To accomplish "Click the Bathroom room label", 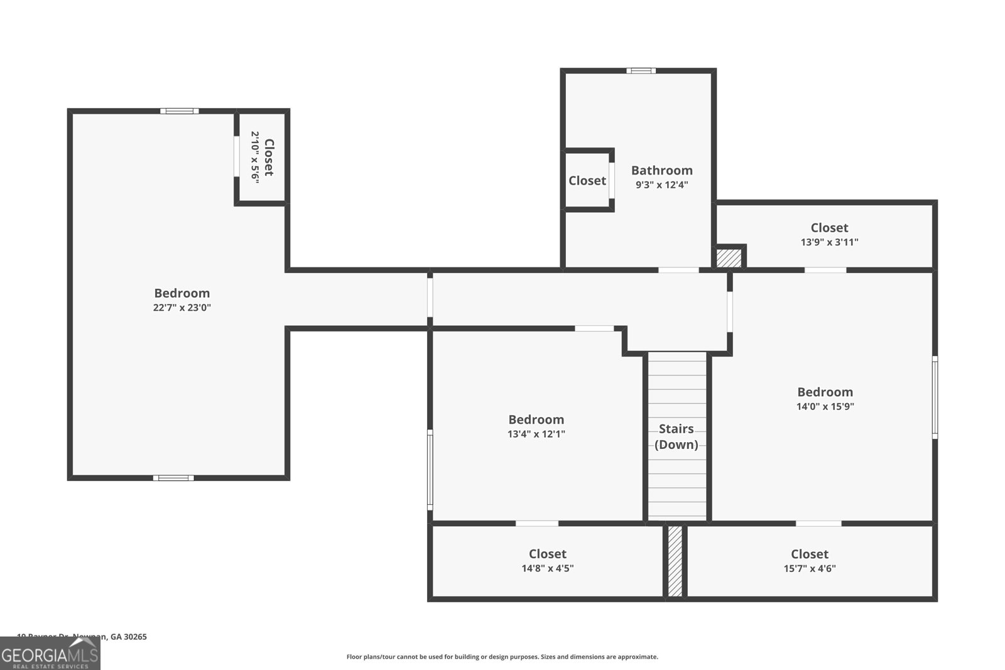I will coord(661,170).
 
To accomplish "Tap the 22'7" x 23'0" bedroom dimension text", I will coord(182,308).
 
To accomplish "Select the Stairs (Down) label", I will coord(676,436).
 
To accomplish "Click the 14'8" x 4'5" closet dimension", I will coord(547,568).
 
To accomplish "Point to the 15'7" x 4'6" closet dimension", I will coord(809,569).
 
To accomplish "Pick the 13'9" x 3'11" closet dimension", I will coord(829,242).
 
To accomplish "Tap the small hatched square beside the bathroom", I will coord(729,258).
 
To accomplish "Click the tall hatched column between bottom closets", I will coord(675,561).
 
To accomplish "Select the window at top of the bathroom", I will coord(640,71).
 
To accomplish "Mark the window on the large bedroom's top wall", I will coord(179,111).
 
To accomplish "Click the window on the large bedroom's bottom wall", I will coord(173,478).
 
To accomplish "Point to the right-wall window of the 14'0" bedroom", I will coord(935,397).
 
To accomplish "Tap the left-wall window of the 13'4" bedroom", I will coord(430,469).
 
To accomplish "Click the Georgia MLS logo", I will coord(50,654).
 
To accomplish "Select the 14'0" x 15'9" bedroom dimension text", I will coord(825,406).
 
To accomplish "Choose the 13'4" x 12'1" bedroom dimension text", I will coord(536,434).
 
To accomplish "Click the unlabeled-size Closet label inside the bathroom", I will coord(587,181).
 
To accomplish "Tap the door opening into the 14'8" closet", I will coord(537,523).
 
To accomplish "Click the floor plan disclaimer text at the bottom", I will coord(502,657).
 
